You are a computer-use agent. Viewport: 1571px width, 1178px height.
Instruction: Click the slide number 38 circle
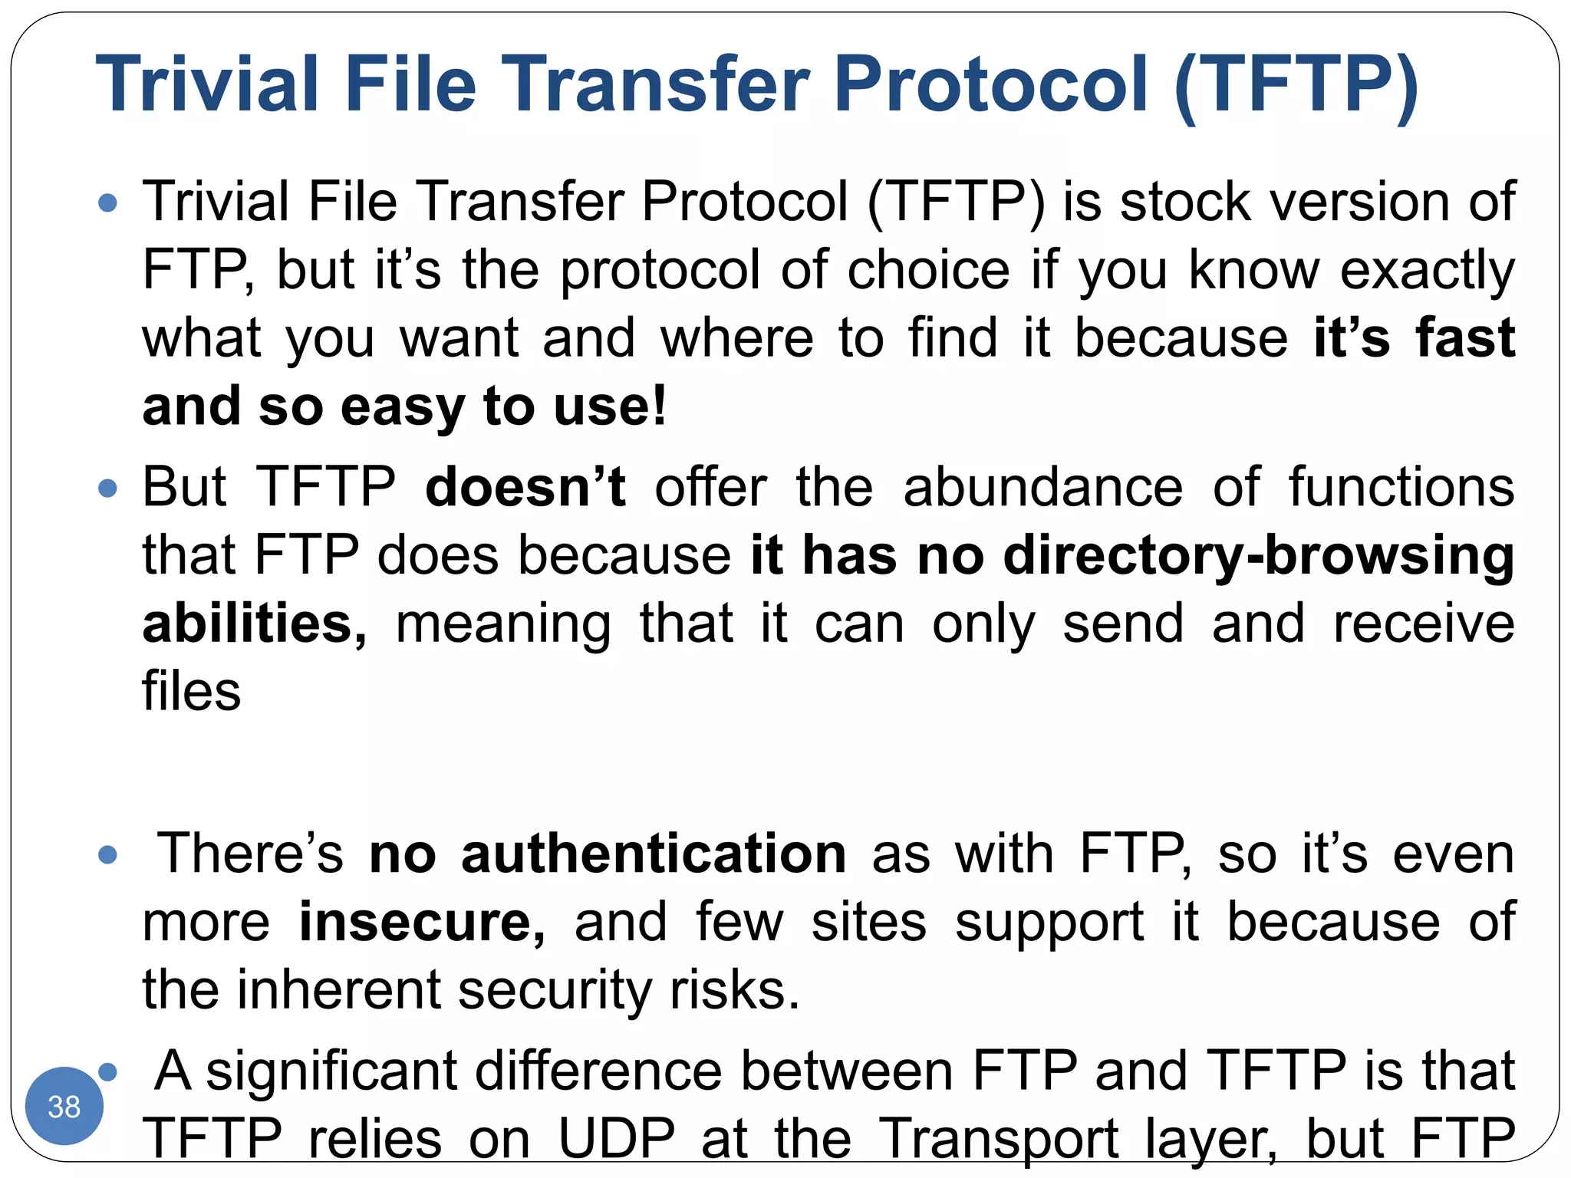point(64,1105)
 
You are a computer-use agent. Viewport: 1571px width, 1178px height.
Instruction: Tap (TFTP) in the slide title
point(1296,85)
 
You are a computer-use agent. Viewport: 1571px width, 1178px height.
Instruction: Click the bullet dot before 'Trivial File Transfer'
point(108,203)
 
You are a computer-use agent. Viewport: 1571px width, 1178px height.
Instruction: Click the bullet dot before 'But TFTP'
point(108,489)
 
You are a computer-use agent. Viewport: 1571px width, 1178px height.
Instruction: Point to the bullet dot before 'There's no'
point(108,854)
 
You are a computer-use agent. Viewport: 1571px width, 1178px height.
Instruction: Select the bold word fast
point(1464,338)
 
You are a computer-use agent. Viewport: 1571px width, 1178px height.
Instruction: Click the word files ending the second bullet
point(192,691)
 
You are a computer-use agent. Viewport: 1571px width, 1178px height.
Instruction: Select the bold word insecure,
point(422,922)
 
